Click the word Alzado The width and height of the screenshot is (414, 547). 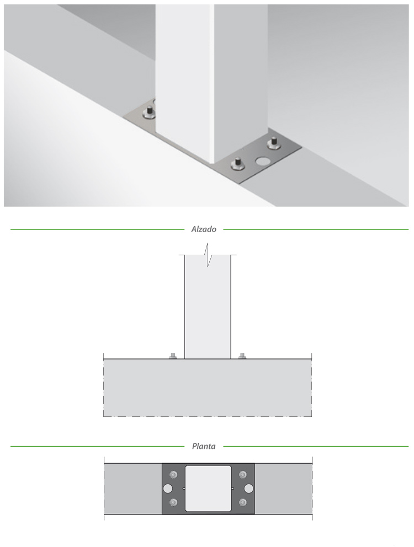[x=204, y=229]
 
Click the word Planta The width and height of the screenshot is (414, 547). [x=204, y=446]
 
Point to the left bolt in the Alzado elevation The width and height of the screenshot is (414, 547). [x=173, y=356]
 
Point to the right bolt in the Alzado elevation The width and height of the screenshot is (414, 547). [x=242, y=356]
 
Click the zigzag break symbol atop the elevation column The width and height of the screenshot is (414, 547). [x=208, y=256]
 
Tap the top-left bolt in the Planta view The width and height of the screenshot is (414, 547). [x=173, y=475]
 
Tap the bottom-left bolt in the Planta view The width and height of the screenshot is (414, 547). [x=173, y=502]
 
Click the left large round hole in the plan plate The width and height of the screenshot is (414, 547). [x=168, y=489]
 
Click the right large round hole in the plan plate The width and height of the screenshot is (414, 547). [x=248, y=489]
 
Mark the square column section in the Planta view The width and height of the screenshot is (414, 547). [x=208, y=489]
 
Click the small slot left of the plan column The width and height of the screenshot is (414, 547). [x=184, y=489]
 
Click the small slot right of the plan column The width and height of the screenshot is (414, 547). [x=233, y=489]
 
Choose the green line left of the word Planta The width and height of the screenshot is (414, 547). [x=97, y=446]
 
